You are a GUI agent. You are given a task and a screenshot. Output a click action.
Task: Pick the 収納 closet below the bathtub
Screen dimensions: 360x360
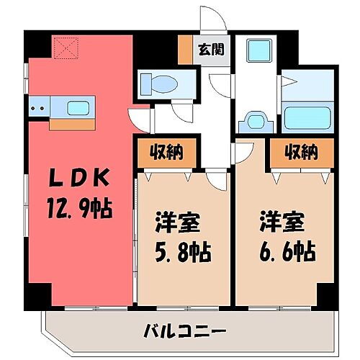click(301, 152)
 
